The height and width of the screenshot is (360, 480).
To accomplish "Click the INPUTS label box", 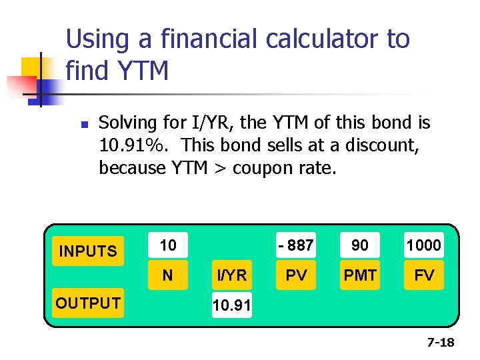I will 88,251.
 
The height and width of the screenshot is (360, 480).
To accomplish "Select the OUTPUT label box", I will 88,303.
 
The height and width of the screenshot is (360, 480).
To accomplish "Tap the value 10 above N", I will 168,245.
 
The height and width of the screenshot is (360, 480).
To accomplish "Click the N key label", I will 168,275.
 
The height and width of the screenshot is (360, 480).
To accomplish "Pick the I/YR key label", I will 231,275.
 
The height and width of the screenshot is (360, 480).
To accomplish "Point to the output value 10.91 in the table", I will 231,306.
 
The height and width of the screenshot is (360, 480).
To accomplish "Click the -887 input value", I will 296,245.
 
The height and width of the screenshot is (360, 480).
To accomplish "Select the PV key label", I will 296,275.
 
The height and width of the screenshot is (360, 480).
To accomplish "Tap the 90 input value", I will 360,245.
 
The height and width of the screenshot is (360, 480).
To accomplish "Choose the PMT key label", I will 360,275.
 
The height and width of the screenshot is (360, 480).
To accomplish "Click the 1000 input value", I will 424,245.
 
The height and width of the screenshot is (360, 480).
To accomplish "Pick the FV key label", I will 424,275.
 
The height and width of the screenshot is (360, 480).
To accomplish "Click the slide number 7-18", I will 440,343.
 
